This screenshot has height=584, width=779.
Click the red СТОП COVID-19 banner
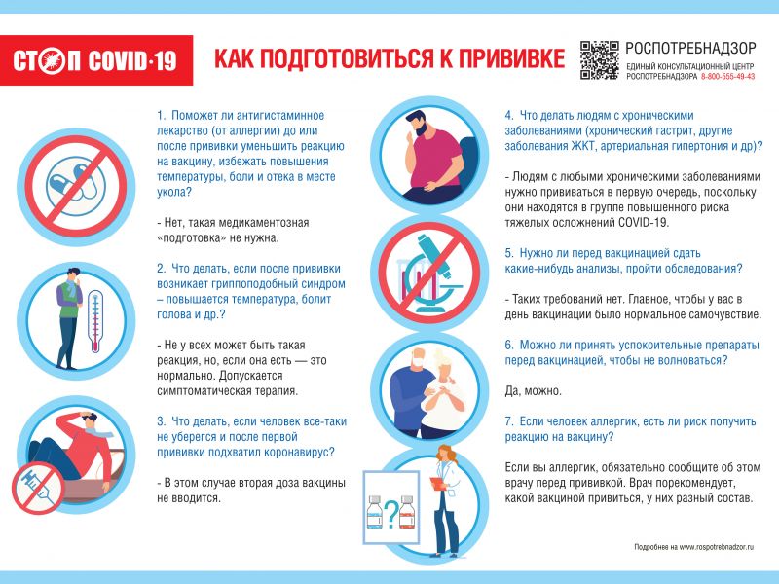(x=96, y=60)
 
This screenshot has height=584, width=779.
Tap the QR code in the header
(x=599, y=60)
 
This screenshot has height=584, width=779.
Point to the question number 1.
(x=161, y=115)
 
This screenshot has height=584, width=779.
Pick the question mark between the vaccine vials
(x=389, y=513)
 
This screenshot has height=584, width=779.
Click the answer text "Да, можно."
(x=533, y=390)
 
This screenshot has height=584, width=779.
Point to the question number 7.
(x=509, y=420)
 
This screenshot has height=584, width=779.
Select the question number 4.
(x=509, y=115)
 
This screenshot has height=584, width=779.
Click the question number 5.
(x=509, y=251)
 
